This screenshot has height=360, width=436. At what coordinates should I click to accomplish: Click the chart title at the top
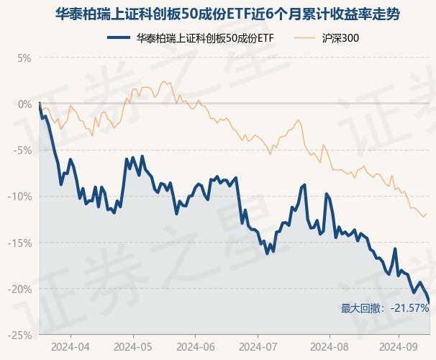218,14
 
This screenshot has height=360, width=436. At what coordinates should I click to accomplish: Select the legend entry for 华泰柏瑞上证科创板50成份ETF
205,37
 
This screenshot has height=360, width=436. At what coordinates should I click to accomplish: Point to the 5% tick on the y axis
24,57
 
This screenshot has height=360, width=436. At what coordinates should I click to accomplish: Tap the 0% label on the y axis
24,104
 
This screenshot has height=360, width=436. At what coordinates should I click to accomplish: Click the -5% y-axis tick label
23,150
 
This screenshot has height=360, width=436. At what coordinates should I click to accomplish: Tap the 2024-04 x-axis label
71,346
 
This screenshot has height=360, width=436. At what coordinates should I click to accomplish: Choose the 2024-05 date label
135,346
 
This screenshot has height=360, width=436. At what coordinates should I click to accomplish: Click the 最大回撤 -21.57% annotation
384,308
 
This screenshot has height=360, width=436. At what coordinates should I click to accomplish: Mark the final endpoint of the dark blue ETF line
430,303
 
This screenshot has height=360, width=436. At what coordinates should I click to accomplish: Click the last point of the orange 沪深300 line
427,212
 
